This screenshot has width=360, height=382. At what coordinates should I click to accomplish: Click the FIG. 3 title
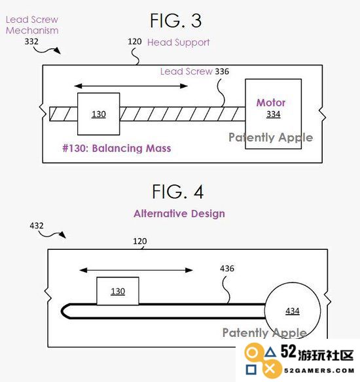pos(175,21)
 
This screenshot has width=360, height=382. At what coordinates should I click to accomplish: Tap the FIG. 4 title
pos(177,192)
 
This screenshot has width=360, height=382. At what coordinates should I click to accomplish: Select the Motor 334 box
pos(273,114)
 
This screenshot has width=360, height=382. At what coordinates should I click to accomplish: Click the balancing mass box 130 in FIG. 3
pos(98,114)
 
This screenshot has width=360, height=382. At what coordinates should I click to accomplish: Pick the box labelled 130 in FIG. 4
pos(118,291)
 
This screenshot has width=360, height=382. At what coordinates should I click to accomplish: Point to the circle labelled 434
pos(293,310)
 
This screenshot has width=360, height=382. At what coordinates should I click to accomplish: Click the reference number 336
pos(222,72)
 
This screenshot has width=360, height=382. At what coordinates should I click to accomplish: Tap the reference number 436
pos(227,268)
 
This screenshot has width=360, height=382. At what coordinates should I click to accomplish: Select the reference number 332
pos(31,41)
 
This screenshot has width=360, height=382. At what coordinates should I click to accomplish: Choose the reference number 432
pos(37,226)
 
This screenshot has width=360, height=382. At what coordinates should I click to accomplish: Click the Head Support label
pos(179,43)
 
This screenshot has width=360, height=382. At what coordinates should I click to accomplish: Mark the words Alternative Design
pos(179,214)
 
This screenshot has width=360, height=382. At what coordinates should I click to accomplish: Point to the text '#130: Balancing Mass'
pos(117,148)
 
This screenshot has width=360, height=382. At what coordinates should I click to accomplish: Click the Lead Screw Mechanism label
pos(32,25)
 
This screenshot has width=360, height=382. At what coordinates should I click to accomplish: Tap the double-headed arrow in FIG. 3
pos(131,86)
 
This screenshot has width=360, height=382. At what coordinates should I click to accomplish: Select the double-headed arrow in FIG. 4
pos(136,270)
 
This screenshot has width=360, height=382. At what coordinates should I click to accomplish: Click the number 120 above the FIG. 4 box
pos(140,241)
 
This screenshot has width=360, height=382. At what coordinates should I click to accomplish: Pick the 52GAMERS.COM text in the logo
pos(319,371)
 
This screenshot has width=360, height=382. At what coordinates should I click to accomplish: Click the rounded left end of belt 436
pos(62,311)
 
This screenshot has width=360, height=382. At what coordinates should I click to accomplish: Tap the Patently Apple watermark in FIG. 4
pos(264,333)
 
